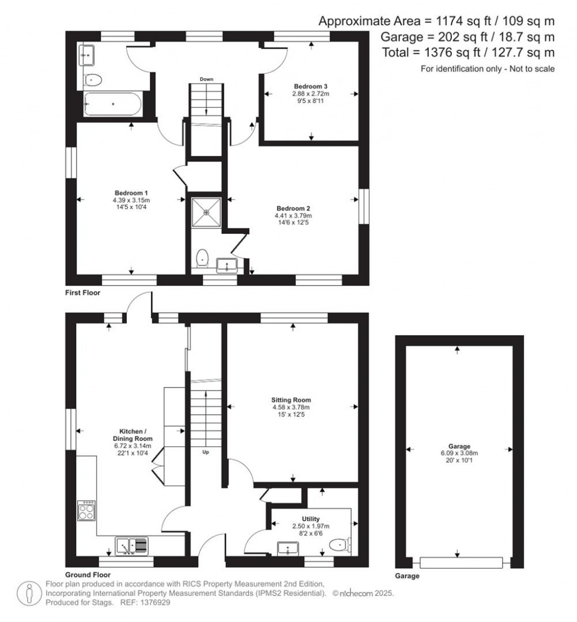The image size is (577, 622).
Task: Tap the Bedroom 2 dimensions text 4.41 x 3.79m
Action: [x=293, y=215]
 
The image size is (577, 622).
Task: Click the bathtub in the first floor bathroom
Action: [x=112, y=104]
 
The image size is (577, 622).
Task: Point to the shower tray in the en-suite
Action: [x=206, y=212]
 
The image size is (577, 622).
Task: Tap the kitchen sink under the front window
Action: [x=132, y=545]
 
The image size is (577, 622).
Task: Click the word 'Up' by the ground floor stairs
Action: [x=207, y=451]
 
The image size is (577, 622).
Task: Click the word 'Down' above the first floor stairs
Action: [x=206, y=79]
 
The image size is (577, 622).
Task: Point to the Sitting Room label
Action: [x=293, y=399]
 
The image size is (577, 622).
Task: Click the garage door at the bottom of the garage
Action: [x=461, y=562]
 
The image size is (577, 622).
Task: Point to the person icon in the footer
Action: [x=29, y=593]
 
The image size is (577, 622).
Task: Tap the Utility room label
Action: [x=310, y=519]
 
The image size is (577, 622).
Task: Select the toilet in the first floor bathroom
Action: [x=94, y=80]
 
